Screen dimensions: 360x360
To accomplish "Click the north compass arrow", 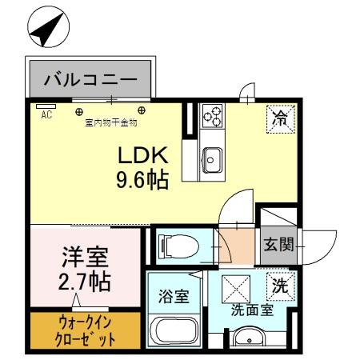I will coord(46,29).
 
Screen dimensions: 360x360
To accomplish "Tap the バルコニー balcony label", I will coord(90,80).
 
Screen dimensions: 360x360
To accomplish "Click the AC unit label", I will coord(46,114).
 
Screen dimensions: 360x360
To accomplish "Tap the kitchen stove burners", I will coord(213,118).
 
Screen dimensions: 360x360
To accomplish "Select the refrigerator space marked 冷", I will coord(281,119).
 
